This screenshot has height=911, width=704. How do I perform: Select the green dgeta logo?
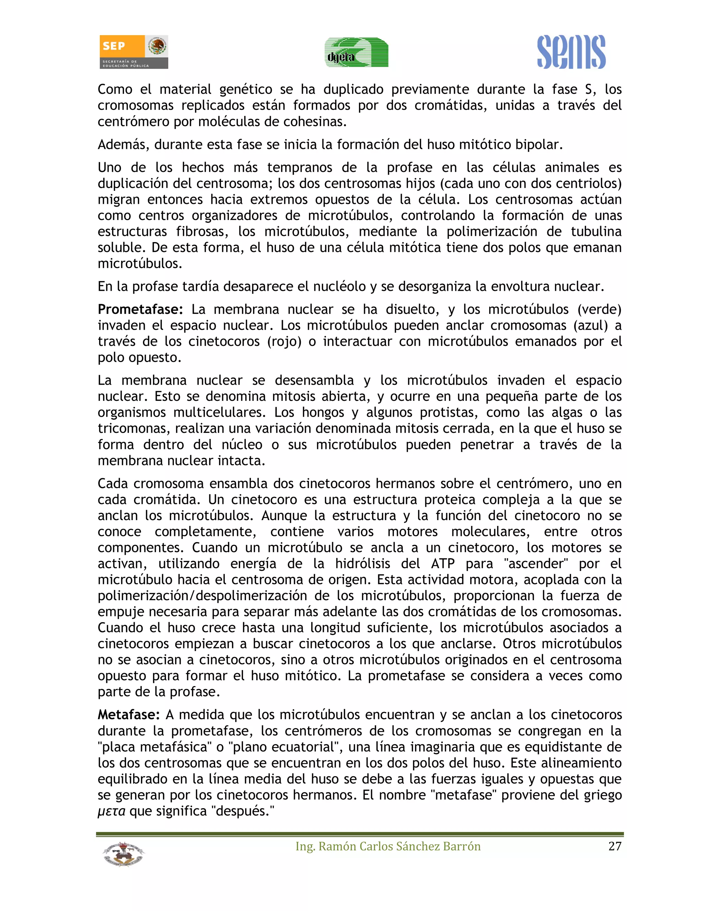click(356, 53)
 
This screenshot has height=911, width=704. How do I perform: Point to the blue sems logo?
click(571, 52)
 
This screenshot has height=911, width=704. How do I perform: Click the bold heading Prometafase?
click(141, 309)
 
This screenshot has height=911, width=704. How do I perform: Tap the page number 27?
click(615, 846)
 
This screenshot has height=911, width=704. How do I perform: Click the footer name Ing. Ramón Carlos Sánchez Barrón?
click(388, 846)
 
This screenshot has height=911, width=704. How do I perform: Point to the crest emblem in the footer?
click(123, 854)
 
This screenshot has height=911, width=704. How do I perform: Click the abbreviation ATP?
click(442, 564)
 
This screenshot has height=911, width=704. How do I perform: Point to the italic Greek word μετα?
click(111, 811)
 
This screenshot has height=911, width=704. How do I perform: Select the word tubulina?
click(596, 231)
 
